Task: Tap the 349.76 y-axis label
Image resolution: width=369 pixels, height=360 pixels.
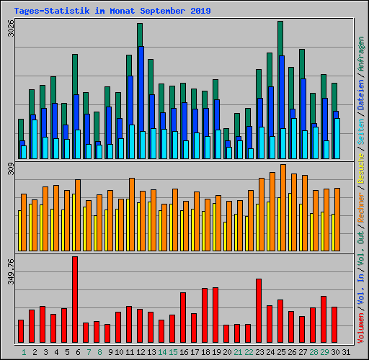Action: [9, 273]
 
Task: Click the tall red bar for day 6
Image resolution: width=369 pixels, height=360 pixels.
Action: [75, 300]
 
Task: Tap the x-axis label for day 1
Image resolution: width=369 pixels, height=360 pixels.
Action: [24, 352]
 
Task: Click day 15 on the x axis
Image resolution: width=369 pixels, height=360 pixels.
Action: [173, 352]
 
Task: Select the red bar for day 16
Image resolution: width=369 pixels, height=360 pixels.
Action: [183, 318]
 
